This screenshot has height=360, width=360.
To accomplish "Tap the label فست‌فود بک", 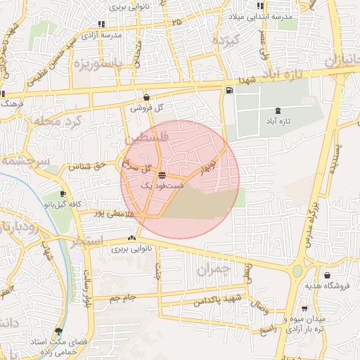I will click(x=162, y=186).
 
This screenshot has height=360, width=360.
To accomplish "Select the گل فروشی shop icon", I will click(x=146, y=98).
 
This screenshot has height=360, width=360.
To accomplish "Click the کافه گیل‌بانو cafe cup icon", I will click(x=63, y=193).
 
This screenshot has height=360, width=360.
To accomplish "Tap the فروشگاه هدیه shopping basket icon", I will click(x=328, y=275).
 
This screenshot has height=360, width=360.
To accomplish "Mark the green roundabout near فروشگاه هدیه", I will click(x=298, y=271).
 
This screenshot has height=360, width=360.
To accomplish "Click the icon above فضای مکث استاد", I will click(x=58, y=330).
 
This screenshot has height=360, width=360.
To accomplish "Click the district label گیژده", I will click(x=229, y=41).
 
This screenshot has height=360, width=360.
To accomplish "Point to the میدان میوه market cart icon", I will click(x=304, y=308).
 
